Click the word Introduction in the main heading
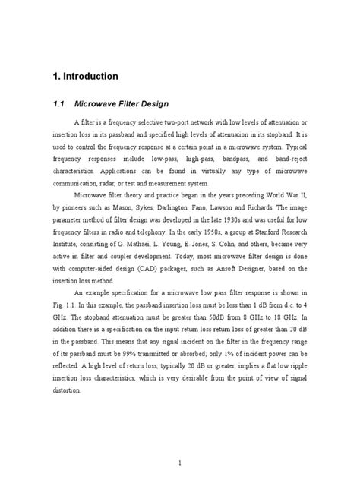(85, 76)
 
